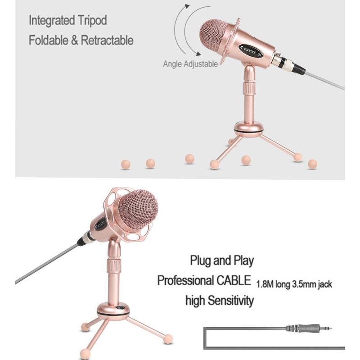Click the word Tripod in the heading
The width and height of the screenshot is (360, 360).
(92, 21)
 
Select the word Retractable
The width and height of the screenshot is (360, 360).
(107, 40)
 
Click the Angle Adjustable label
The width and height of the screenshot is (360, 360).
(190, 63)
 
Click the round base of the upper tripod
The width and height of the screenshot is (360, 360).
(249, 129)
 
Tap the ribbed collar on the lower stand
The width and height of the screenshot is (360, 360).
(114, 266)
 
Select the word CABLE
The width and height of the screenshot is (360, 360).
(234, 280)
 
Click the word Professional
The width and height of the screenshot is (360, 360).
(185, 280)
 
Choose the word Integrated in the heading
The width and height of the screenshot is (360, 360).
(52, 21)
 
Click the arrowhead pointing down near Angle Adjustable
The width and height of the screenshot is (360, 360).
(198, 54)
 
